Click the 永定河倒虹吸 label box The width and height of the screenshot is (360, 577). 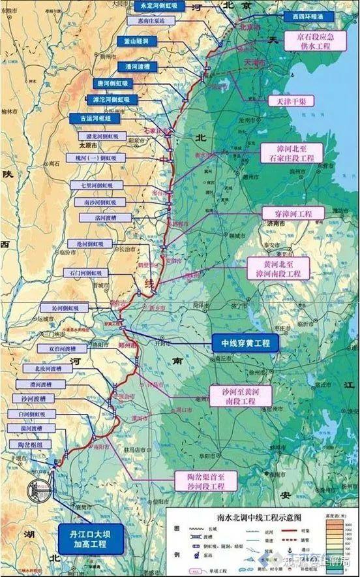158,6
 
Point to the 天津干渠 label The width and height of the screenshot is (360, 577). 286,101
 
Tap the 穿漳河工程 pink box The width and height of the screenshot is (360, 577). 288,213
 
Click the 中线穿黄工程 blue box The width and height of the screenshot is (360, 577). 245,342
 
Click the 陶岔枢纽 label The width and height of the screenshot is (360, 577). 26,444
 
